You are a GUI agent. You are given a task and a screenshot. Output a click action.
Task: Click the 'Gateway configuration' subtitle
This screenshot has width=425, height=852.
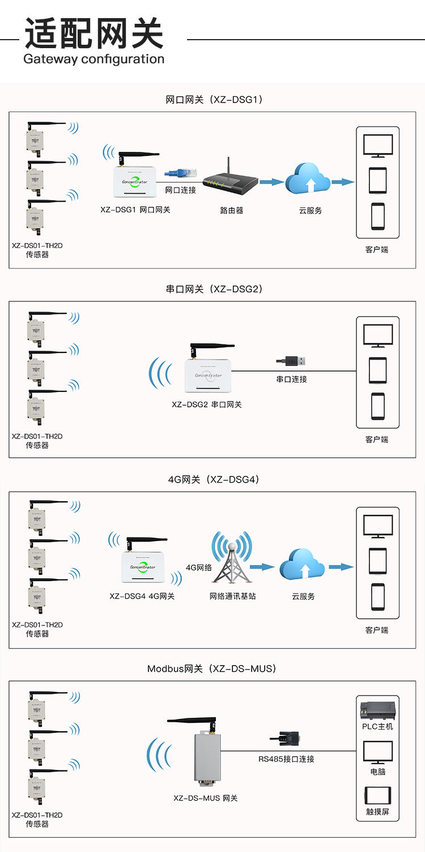93,59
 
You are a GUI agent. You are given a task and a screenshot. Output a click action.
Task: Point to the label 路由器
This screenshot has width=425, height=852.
231,210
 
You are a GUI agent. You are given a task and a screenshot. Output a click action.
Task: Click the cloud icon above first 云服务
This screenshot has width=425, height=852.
308,179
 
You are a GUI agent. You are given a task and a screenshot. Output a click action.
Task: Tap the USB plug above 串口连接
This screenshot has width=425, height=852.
292,360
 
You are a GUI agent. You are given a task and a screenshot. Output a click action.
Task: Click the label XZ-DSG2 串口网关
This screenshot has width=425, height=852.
207,404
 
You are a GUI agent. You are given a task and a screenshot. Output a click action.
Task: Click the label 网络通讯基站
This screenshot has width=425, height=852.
232,596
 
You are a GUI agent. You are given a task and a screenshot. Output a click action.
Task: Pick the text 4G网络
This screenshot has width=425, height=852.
198,567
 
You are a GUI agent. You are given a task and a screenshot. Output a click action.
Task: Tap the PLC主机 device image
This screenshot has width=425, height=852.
377,710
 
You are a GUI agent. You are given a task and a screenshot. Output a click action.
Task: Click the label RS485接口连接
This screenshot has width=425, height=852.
286,759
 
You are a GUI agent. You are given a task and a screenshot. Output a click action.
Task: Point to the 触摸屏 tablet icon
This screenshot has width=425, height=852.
378,795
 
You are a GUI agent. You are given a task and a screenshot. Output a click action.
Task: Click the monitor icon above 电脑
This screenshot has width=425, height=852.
378,752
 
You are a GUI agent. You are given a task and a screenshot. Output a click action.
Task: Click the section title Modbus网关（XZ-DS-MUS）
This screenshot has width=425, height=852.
212,668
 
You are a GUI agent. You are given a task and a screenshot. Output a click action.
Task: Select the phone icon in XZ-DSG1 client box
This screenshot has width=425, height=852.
378,216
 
